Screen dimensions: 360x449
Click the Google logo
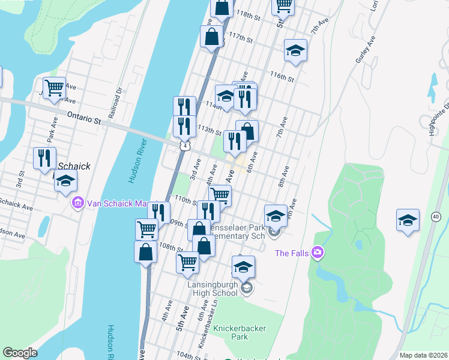pyautogui.click(x=20, y=353)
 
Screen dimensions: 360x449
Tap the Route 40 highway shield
pyautogui.click(x=436, y=216)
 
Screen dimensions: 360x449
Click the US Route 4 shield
pyautogui.click(x=184, y=146)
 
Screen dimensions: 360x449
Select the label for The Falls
pyautogui.click(x=292, y=253)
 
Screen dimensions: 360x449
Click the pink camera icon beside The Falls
pyautogui.click(x=318, y=253)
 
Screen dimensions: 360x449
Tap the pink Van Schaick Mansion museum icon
pyautogui.click(x=77, y=203)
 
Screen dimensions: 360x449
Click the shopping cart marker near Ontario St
pyautogui.click(x=54, y=88)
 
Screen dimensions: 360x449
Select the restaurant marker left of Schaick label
pyautogui.click(x=44, y=158)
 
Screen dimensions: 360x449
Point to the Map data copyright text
pyautogui.click(x=423, y=355)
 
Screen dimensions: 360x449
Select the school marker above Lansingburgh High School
pyautogui.click(x=243, y=266)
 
